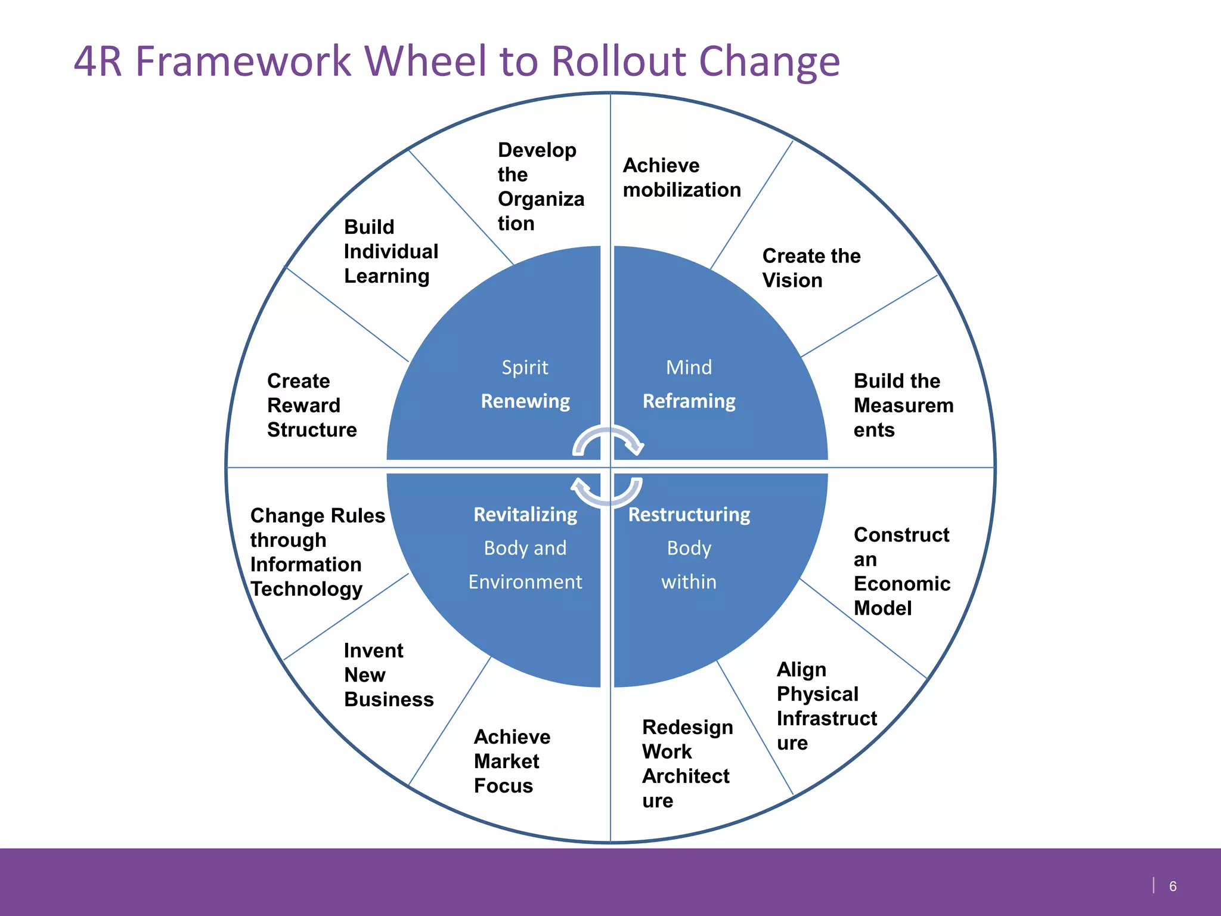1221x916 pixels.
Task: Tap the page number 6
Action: [1172, 886]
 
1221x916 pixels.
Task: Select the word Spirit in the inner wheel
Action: [525, 367]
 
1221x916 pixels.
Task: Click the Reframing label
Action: [689, 401]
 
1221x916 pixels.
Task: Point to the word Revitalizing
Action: [525, 515]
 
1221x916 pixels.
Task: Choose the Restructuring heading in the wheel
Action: [689, 515]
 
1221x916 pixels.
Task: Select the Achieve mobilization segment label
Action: [681, 178]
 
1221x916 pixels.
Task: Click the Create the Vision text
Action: [811, 268]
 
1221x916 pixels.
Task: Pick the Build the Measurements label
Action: [903, 406]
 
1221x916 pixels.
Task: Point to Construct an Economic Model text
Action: [901, 571]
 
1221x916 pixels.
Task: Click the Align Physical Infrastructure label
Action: [826, 706]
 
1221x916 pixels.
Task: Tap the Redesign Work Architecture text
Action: [687, 764]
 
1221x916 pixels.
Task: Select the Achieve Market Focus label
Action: [512, 762]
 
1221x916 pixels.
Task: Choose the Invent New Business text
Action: [388, 675]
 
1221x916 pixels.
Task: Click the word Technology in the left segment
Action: [306, 589]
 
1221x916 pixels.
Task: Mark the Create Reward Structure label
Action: [311, 406]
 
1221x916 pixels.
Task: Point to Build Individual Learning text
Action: [391, 252]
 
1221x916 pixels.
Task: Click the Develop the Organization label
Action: [540, 187]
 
